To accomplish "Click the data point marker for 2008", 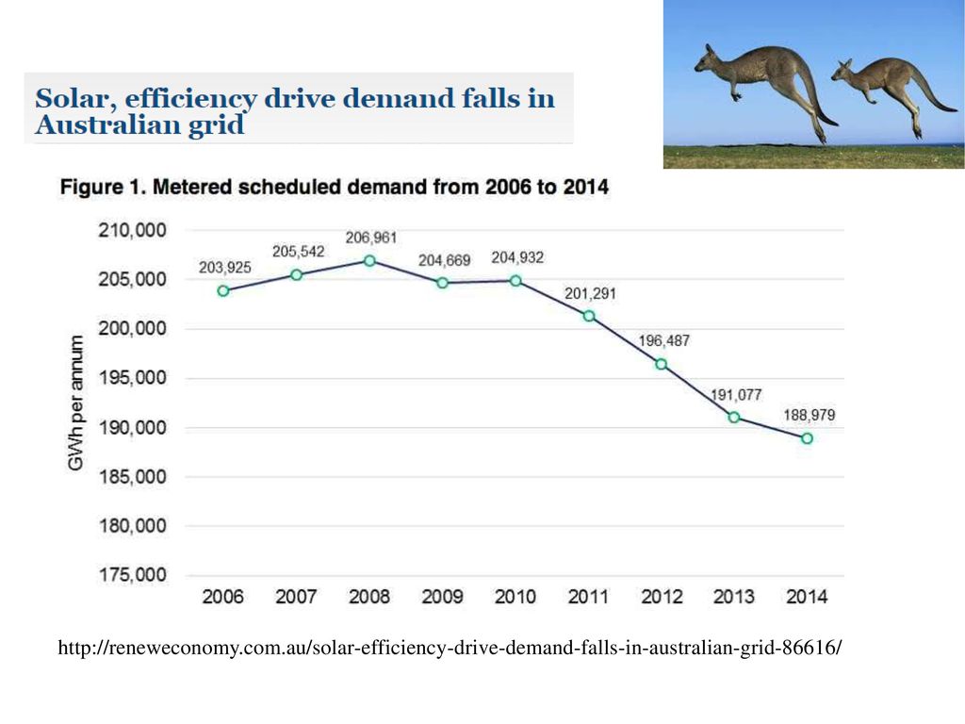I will point(369,261).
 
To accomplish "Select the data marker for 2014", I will point(808,438).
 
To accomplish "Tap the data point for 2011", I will point(589,316).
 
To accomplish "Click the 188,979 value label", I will point(808,415).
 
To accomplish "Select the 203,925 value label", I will point(224,268).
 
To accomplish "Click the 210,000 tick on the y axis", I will point(133,231).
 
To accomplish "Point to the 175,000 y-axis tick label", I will point(133,575).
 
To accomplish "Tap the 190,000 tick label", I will point(133,428).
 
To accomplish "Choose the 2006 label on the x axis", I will point(223,597).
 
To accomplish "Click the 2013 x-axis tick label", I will point(734,597).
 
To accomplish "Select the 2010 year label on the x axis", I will point(515,597).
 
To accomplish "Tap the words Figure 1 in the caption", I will point(102,188).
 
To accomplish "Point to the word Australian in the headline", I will point(96,126).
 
